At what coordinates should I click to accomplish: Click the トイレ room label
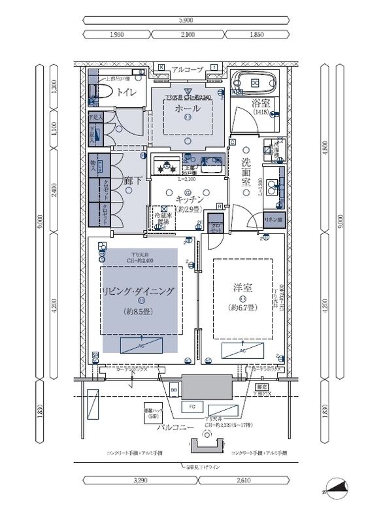127,93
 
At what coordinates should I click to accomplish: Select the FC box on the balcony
191,407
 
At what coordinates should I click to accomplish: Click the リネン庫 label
273,220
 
